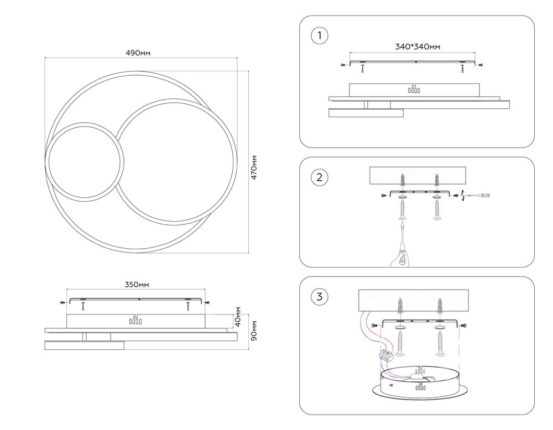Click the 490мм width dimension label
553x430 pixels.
pyautogui.click(x=138, y=53)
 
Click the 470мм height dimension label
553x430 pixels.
pyautogui.click(x=254, y=166)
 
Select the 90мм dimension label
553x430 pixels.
pyautogui.click(x=254, y=331)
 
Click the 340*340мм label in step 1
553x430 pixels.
pyautogui.click(x=418, y=47)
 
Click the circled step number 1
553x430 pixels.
pyautogui.click(x=319, y=36)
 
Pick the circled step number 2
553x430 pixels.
pyautogui.click(x=319, y=177)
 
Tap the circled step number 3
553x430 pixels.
pyautogui.click(x=319, y=297)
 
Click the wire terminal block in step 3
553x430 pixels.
pyautogui.click(x=388, y=354)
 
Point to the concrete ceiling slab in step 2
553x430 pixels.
pyautogui.click(x=418, y=176)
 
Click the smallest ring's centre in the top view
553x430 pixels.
pyautogui.click(x=84, y=162)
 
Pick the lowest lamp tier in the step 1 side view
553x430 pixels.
pyautogui.click(x=365, y=113)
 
